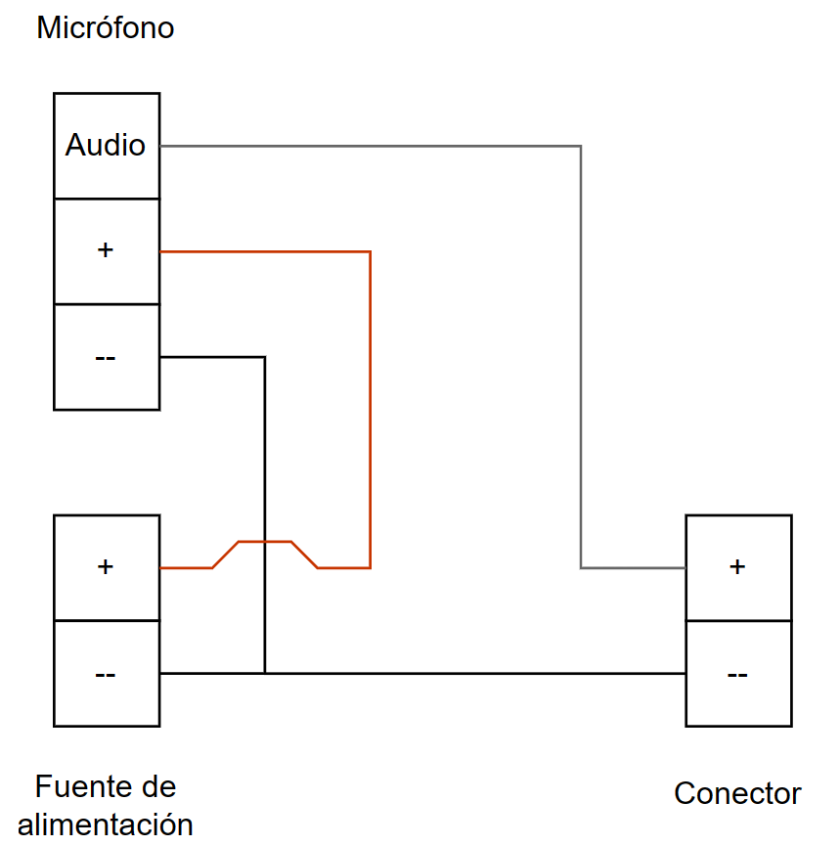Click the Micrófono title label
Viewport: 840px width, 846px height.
pos(105,27)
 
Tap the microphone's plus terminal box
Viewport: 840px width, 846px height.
pos(107,251)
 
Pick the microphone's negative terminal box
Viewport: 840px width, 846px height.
pos(107,357)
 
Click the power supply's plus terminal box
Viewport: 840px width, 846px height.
pos(107,567)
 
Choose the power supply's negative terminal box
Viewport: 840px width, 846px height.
pos(107,674)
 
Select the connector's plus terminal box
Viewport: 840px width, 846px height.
pos(738,567)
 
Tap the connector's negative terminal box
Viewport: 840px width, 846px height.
pos(738,674)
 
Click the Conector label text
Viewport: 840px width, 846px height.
pos(737,793)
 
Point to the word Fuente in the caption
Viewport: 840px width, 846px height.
pos(77,786)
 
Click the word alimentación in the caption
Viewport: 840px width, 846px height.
pos(106,824)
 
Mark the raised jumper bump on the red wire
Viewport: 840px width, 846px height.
pos(265,542)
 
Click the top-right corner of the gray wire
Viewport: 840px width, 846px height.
pos(581,147)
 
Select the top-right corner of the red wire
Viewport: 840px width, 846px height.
pos(370,252)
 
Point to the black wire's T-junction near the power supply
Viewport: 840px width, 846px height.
pos(265,673)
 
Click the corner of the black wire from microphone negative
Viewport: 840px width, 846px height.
pos(265,358)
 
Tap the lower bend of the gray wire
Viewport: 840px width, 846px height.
pos(581,567)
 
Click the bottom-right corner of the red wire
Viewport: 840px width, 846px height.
pos(370,567)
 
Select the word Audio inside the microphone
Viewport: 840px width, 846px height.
pos(106,146)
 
